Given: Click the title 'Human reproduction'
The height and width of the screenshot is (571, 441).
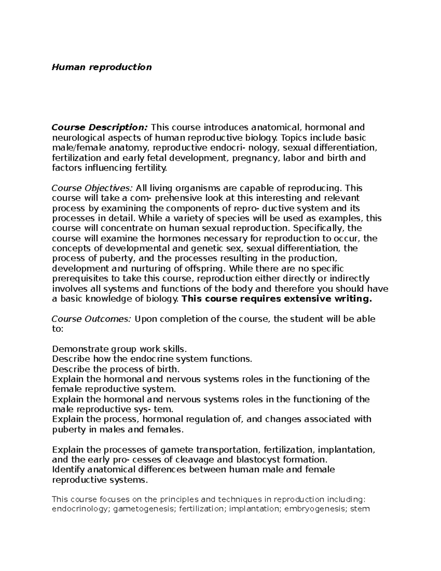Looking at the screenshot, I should pos(101,67).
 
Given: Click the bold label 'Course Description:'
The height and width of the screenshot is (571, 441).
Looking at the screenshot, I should pos(100,128).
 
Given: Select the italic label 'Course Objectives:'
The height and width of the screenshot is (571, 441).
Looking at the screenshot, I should pos(92,188).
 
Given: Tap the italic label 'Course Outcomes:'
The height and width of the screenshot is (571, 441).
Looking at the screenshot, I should pos(91,319).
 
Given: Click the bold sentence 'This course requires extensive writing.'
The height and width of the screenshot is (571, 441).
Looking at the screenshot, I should pos(277,299).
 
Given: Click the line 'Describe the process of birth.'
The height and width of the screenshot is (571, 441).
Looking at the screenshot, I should pos(116,369).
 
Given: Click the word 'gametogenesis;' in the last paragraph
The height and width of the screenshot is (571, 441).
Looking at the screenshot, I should pos(144,509).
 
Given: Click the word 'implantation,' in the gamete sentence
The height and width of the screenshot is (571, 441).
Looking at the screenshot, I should pos(346,450).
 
